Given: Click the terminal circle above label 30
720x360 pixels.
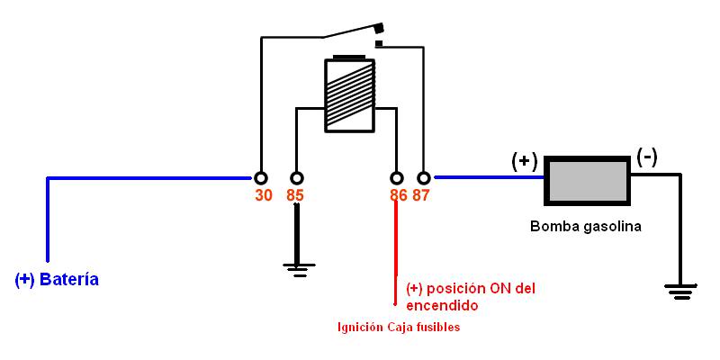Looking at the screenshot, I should tap(261, 177).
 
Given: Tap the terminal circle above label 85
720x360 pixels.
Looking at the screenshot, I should tap(296, 177).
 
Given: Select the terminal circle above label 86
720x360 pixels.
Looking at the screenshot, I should tap(394, 177).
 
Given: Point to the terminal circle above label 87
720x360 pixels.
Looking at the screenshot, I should tap(424, 177).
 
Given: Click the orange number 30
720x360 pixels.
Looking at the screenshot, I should tap(264, 195).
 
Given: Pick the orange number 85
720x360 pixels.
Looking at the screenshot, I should tap(295, 195).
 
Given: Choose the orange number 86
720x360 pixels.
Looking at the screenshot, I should tap(398, 195).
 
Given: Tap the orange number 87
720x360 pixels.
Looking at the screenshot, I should tap(421, 195).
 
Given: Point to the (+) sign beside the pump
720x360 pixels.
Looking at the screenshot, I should tap(525, 161).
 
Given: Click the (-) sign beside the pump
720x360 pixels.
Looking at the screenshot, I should tap(646, 157).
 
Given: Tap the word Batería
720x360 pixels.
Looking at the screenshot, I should tap(68, 280).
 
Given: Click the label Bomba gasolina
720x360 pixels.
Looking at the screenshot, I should tap(586, 226).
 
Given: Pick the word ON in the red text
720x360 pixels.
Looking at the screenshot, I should tap(501, 289).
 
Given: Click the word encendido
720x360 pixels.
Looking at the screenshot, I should tap(442, 306).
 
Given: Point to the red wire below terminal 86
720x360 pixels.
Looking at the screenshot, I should tap(394, 243).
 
